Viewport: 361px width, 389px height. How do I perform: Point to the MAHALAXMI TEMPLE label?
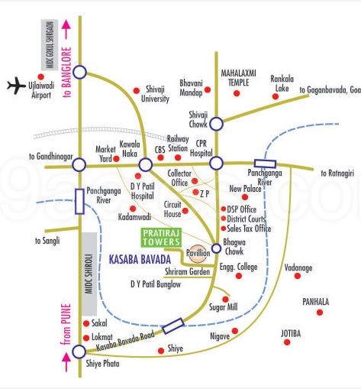click(x=243, y=76)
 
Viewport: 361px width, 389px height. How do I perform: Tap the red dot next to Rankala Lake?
click(x=275, y=96)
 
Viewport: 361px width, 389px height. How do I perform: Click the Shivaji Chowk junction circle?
click(x=217, y=123)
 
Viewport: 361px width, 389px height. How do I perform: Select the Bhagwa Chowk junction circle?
click(x=216, y=248)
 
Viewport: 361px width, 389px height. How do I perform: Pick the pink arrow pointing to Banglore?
click(x=66, y=31)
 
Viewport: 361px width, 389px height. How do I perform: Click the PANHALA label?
click(x=314, y=302)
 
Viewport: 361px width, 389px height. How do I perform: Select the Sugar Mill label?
click(x=224, y=307)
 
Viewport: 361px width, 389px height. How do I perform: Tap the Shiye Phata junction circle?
click(x=79, y=352)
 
